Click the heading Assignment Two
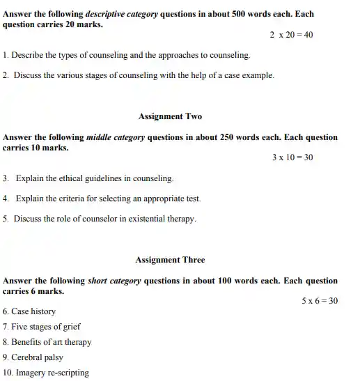tap(170, 116)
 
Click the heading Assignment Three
tap(170, 260)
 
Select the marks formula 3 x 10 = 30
tap(292, 157)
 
